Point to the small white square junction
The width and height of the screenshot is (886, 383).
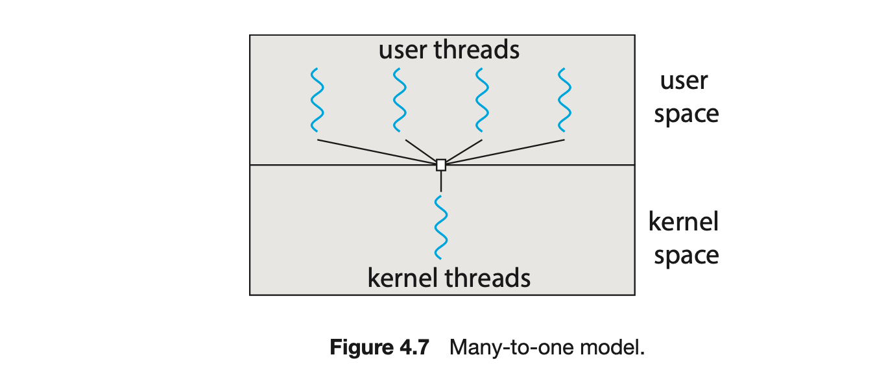pos(441,165)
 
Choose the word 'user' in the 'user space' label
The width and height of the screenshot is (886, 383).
pos(684,82)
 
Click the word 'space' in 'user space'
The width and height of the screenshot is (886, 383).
pos(686,114)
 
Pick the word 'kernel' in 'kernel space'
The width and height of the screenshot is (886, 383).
pos(684,222)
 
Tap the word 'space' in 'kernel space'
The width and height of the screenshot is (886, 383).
pos(686,256)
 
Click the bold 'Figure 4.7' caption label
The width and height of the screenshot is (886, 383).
pos(379,347)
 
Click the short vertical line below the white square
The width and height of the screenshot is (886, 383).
pos(441,181)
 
